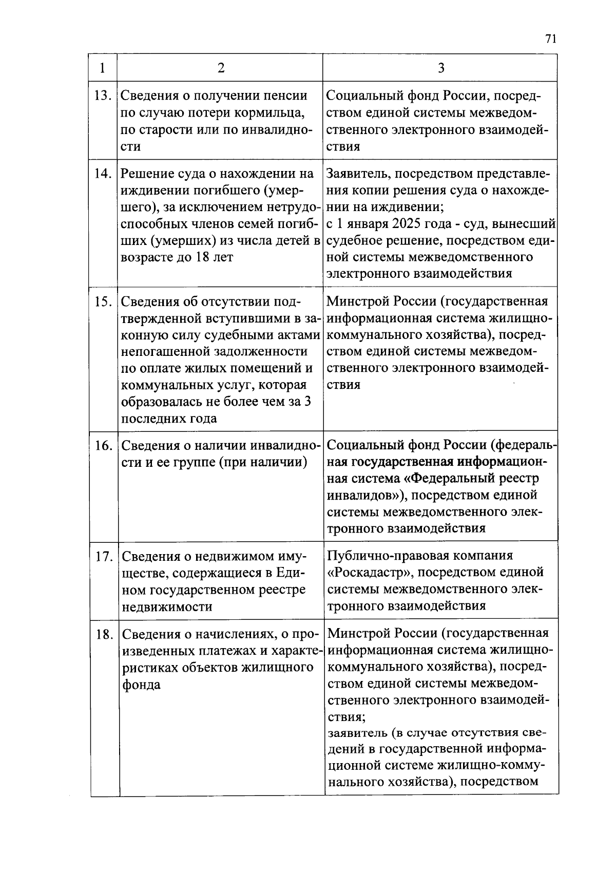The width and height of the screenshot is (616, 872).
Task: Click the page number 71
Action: [551, 40]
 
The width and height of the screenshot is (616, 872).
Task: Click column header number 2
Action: [221, 68]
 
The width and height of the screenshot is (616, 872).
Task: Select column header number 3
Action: [440, 68]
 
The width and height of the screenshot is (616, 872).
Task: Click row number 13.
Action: [103, 96]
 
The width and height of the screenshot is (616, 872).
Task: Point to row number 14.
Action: [103, 174]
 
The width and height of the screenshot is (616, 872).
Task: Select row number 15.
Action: [103, 301]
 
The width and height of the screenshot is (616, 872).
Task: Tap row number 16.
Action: [103, 445]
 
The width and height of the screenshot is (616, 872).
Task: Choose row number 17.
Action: [103, 556]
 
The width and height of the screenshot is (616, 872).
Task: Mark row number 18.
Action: [103, 634]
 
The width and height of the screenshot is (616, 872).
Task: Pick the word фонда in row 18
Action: [141, 685]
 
